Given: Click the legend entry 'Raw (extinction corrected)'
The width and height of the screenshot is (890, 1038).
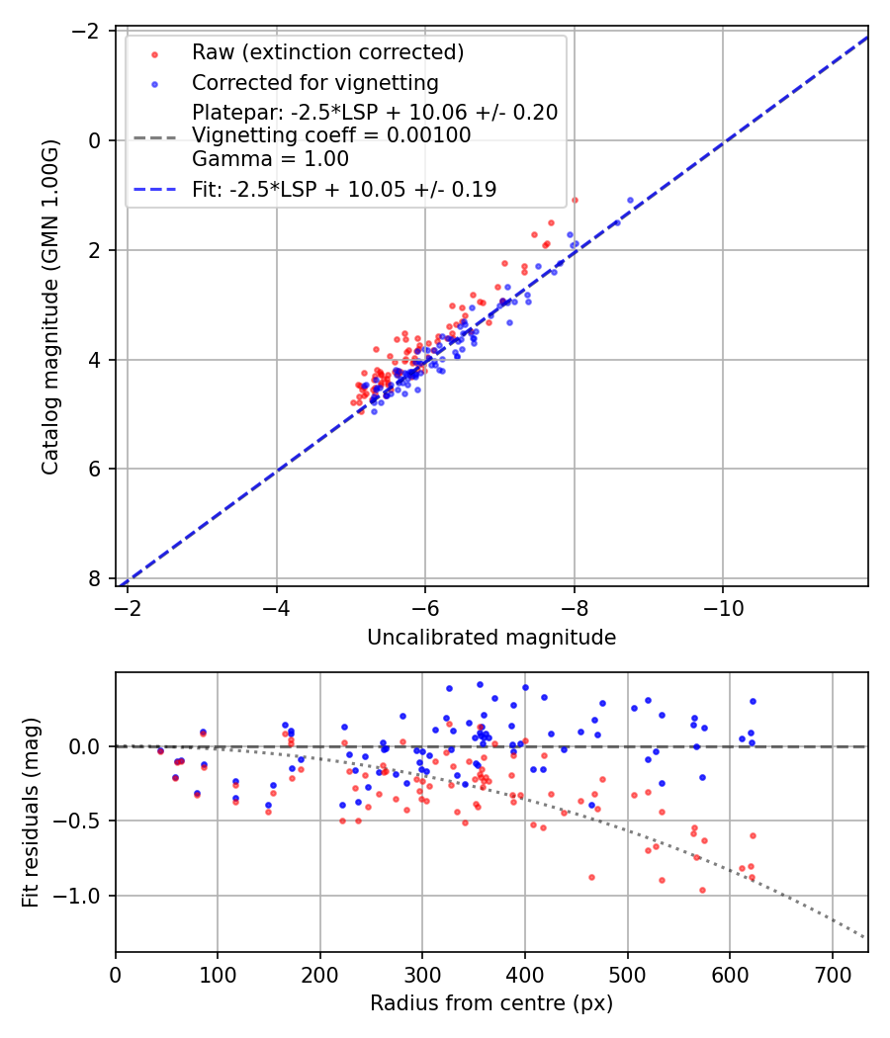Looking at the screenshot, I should [x=327, y=52].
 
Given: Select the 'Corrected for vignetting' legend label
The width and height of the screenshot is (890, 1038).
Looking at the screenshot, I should [x=314, y=82].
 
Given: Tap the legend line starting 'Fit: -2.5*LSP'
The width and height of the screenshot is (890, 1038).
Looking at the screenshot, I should [x=344, y=189].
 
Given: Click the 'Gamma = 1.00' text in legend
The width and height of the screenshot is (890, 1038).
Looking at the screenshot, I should [x=270, y=158].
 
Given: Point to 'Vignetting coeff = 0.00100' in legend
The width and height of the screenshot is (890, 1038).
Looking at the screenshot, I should [x=331, y=135].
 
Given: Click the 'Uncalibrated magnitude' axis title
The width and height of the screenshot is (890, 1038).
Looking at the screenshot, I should [x=491, y=638].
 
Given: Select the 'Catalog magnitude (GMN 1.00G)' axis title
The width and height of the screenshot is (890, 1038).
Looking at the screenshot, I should [x=50, y=307].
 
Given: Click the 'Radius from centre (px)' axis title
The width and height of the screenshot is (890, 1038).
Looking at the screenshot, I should [x=491, y=1003].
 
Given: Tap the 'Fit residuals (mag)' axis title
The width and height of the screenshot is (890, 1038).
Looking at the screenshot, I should [x=31, y=812].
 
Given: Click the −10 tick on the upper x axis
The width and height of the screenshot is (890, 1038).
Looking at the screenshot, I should [x=722, y=604].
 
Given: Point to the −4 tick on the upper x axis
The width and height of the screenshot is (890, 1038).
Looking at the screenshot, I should [x=276, y=604].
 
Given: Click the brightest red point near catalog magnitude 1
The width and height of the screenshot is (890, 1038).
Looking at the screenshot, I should [x=575, y=200].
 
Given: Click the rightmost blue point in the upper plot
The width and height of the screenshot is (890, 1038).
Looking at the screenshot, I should [x=630, y=200].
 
